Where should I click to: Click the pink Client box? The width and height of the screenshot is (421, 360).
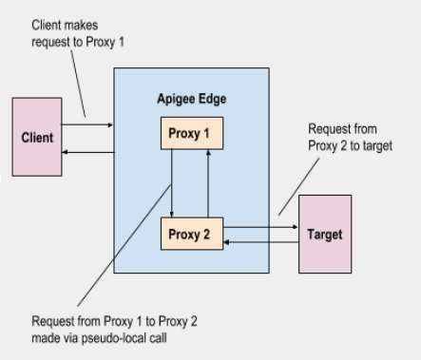pos(38,137)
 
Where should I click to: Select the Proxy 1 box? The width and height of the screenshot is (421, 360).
pos(191,133)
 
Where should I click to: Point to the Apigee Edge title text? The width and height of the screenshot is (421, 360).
pos(190,99)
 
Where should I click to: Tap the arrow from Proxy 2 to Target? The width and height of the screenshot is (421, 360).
pos(260,227)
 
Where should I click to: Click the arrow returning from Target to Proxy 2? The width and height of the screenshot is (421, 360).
pos(260,242)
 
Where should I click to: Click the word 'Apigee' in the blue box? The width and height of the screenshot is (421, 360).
pos(176,99)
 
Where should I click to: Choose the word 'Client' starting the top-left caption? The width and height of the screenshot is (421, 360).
pos(44,23)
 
